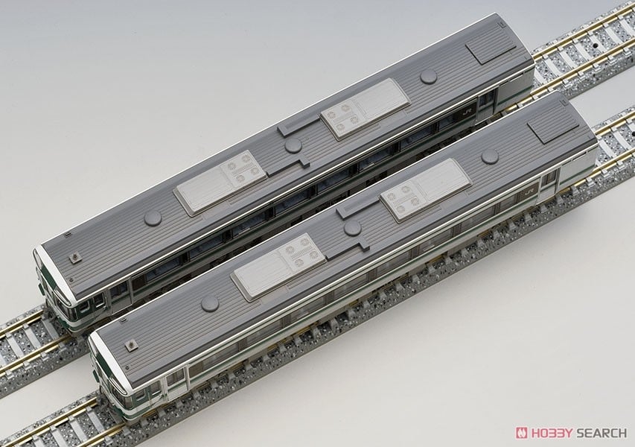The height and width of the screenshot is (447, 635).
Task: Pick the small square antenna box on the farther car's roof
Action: point(76,257)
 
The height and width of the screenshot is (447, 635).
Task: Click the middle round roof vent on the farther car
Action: point(293,145)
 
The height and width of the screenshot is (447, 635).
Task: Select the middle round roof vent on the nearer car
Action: point(353,227)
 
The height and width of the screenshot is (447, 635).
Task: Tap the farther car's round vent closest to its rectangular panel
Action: point(428,76)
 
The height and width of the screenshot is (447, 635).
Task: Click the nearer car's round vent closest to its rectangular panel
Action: point(489,156)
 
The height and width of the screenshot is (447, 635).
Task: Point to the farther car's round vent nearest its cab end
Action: point(153,218)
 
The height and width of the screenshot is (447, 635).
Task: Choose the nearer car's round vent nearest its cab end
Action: point(210,302)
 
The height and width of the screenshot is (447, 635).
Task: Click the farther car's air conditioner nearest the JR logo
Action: point(365,108)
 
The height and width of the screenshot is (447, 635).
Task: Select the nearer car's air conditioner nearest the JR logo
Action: point(425,189)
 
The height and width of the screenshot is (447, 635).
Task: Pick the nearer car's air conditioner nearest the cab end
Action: point(278,264)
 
